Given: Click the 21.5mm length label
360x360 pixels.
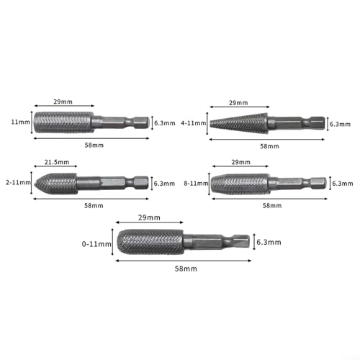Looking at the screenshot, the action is (x=57, y=162).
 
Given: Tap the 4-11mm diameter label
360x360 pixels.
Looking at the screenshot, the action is (x=194, y=123).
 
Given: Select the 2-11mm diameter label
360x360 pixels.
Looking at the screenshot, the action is (x=18, y=182).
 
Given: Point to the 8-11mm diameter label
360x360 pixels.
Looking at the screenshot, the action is (x=196, y=184).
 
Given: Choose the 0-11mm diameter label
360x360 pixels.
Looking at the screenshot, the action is (x=96, y=244).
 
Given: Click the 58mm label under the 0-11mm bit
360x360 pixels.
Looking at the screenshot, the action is (x=186, y=269).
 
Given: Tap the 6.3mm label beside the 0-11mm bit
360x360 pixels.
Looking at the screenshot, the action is (x=269, y=242).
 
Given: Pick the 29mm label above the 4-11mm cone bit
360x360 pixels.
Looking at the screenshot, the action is (x=238, y=103).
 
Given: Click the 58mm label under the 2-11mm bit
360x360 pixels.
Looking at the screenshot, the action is (x=94, y=206).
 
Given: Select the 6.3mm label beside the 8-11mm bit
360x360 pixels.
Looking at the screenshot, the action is (x=343, y=184).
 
